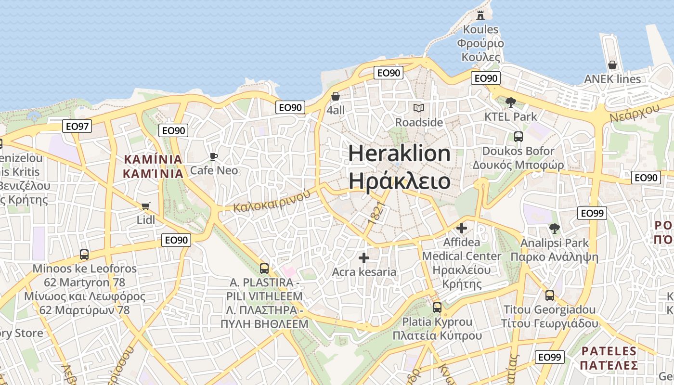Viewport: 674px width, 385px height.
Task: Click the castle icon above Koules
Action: pyautogui.click(x=480, y=15)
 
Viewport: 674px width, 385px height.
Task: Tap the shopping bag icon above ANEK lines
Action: pyautogui.click(x=612, y=65)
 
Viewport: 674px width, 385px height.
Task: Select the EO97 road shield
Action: pyautogui.click(x=77, y=127)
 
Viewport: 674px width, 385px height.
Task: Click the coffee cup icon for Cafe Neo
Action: pyautogui.click(x=214, y=156)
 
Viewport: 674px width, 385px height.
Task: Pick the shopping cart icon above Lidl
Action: pyautogui.click(x=146, y=206)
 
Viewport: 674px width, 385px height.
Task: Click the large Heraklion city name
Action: pyautogui.click(x=399, y=154)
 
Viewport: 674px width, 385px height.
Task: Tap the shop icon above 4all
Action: pyautogui.click(x=336, y=96)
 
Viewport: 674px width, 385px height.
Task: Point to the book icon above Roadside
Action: pyautogui.click(x=419, y=108)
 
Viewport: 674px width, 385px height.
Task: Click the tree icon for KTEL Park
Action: pyautogui.click(x=511, y=102)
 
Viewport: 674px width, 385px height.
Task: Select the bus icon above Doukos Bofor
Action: pyautogui.click(x=518, y=137)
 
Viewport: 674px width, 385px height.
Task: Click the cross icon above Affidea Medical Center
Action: pyautogui.click(x=462, y=228)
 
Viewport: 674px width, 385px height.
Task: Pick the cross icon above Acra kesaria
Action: pyautogui.click(x=364, y=258)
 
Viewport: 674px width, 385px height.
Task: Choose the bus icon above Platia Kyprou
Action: pyautogui.click(x=437, y=307)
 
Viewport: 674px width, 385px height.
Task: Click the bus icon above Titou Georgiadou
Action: pyautogui.click(x=549, y=295)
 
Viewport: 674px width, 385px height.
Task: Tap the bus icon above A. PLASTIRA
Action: pyautogui.click(x=264, y=268)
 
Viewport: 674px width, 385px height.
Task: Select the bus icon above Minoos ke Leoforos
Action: pyautogui.click(x=84, y=255)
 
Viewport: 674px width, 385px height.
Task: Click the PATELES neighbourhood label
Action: pyautogui.click(x=609, y=351)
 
